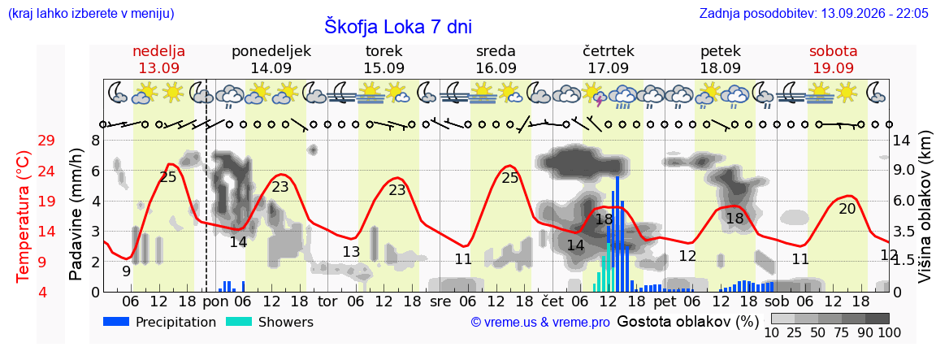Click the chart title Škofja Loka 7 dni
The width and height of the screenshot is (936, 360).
click(398, 26)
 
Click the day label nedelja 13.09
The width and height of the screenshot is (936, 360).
click(158, 59)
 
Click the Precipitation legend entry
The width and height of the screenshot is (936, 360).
click(159, 322)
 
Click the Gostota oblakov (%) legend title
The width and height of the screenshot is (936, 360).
click(687, 322)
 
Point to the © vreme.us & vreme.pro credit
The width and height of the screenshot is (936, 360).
click(540, 323)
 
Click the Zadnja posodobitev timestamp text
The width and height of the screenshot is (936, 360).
click(814, 13)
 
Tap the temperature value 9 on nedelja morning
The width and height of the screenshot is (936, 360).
click(127, 271)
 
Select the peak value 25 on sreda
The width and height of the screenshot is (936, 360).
click(510, 177)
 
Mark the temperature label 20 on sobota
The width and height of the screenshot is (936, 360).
click(847, 209)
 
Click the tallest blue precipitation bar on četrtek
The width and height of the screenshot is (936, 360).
click(617, 234)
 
